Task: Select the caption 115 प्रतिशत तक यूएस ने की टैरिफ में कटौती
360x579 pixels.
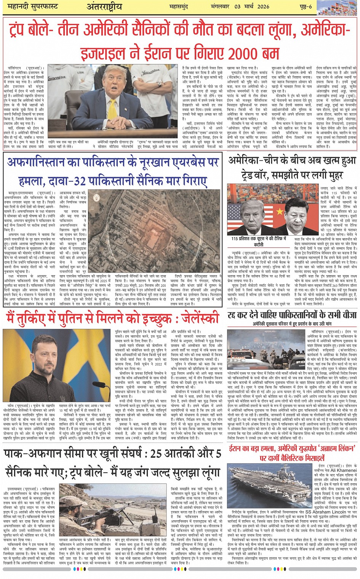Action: point(259,241)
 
